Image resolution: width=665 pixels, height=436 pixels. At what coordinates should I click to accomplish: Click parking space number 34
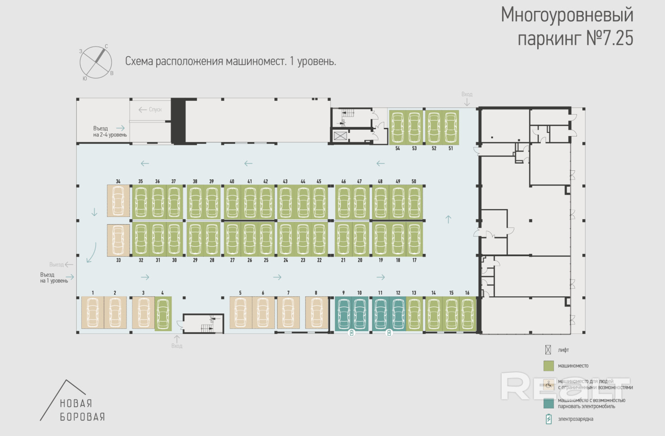pos(118,200)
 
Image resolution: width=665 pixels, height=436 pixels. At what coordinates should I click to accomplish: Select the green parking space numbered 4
pos(163,314)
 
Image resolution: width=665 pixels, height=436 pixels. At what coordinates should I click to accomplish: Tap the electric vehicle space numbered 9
pos(344,314)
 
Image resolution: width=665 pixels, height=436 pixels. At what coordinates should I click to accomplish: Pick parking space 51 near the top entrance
pos(451,127)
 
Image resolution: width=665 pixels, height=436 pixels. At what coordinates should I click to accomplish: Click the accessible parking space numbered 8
pos(316,312)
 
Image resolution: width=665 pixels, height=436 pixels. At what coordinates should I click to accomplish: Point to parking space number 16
pos(467,314)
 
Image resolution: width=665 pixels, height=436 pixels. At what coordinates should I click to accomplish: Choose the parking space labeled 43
pos(285,202)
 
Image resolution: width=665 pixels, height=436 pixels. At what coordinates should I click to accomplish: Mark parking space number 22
pos(319,239)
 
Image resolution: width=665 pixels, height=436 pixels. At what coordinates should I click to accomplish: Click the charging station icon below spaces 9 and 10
pos(352,333)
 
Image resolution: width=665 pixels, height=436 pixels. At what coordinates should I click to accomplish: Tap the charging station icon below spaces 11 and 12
pos(389,333)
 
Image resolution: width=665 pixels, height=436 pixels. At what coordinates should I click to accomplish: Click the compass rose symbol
pos(96,62)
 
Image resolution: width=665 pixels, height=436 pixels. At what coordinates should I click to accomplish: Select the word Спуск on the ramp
pos(155,109)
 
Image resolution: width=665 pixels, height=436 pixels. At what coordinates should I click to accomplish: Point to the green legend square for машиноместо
pos(549,366)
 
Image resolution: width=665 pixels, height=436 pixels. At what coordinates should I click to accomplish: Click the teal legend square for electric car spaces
pos(549,403)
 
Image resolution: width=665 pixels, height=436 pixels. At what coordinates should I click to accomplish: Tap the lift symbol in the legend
pos(548,350)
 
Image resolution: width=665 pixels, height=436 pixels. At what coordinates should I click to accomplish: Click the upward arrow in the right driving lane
pos(448,220)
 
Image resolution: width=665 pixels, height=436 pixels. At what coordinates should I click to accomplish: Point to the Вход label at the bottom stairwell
pos(177,346)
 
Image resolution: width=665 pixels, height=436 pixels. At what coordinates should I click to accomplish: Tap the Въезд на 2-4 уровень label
pos(110,131)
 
